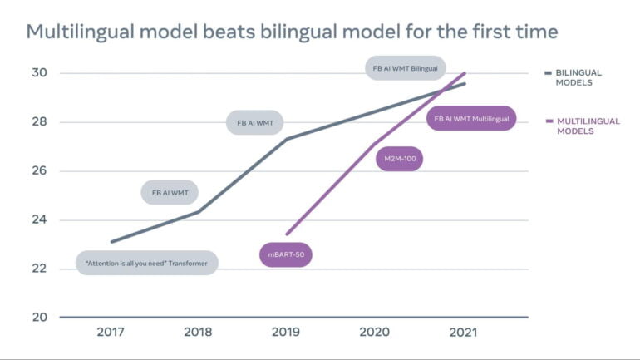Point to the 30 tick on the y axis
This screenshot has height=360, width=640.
tap(39, 73)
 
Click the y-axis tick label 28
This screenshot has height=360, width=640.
tap(39, 122)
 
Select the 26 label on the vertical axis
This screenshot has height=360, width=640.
tap(39, 171)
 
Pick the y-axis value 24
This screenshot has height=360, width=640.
tap(39, 220)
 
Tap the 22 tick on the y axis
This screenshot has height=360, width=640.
tap(39, 269)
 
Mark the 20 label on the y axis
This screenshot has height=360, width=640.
tap(39, 318)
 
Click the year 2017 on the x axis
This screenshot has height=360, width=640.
tap(111, 333)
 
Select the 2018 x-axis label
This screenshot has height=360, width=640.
tap(198, 333)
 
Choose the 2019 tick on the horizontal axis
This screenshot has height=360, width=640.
tap(286, 333)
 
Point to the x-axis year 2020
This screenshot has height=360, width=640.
tap(374, 333)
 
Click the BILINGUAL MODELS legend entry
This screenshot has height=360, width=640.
tap(578, 78)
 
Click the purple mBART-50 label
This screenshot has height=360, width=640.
tap(286, 255)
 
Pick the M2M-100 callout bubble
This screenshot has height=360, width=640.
tap(400, 159)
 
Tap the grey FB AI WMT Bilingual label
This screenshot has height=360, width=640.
tap(406, 67)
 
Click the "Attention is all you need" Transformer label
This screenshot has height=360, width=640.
tap(147, 264)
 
